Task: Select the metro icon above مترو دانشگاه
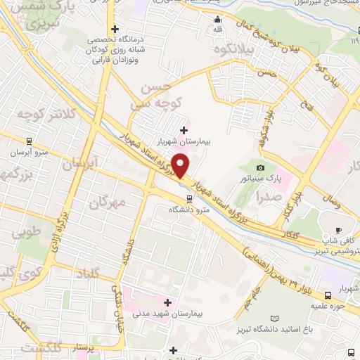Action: click(179, 198)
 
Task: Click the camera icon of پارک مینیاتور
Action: click(261, 167)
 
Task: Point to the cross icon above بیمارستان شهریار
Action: click(184, 129)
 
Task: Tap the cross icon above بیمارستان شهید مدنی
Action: click(167, 302)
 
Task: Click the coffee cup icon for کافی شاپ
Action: click(339, 230)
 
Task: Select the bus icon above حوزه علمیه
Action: click(328, 295)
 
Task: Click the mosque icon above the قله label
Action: click(218, 19)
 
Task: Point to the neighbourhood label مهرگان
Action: click(107, 203)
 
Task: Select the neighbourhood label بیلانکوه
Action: click(236, 51)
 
